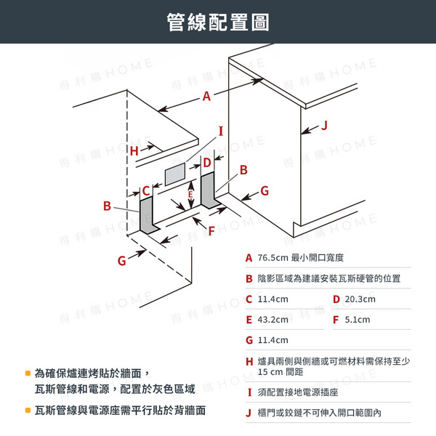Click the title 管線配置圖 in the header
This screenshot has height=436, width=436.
pyautogui.click(x=217, y=23)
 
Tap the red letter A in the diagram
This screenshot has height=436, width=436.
pyautogui.click(x=206, y=96)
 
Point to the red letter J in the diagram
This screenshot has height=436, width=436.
pyautogui.click(x=325, y=126)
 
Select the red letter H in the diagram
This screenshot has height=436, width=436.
pyautogui.click(x=134, y=150)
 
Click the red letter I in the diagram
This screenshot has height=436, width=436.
pyautogui.click(x=221, y=131)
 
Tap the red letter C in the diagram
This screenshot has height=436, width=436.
pyautogui.click(x=146, y=190)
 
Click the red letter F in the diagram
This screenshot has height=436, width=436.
pyautogui.click(x=212, y=230)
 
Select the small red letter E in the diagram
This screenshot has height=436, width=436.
pyautogui.click(x=190, y=195)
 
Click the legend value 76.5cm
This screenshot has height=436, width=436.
pyautogui.click(x=273, y=258)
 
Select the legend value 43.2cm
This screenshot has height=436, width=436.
pyautogui.click(x=273, y=320)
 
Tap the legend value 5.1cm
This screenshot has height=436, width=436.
pyautogui.click(x=358, y=320)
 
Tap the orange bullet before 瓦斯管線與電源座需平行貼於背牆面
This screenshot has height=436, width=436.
pyautogui.click(x=28, y=411)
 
